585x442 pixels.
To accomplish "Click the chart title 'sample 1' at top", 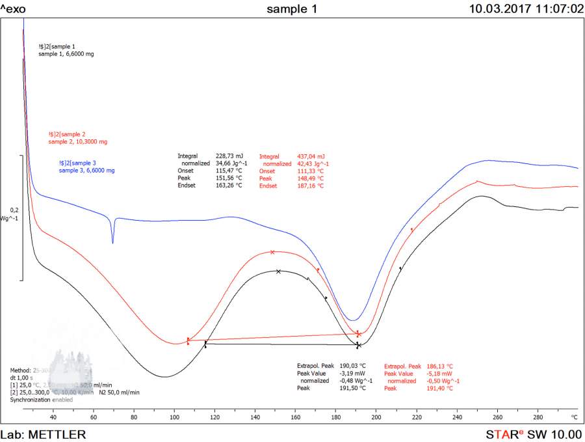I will (x=292, y=9).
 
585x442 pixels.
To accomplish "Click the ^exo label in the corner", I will (x=14, y=9).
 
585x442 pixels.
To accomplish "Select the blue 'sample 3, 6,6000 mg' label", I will (x=86, y=171).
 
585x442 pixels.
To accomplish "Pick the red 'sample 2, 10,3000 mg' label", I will (x=77, y=141).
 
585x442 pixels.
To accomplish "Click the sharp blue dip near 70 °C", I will (x=112, y=242).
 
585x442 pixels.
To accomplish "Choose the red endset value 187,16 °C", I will (x=311, y=186).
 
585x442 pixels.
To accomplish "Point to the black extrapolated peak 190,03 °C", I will (x=353, y=366).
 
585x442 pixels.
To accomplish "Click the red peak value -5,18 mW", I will (x=440, y=374).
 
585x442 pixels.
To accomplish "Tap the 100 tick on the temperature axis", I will (x=174, y=417).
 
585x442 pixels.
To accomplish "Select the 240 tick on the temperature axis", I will (x=457, y=417).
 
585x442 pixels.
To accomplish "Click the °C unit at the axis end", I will (x=574, y=417).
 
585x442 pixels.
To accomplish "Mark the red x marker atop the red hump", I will (x=272, y=252).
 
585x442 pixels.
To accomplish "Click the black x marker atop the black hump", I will (x=278, y=271).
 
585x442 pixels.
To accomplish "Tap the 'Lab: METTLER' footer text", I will (x=42, y=434).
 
